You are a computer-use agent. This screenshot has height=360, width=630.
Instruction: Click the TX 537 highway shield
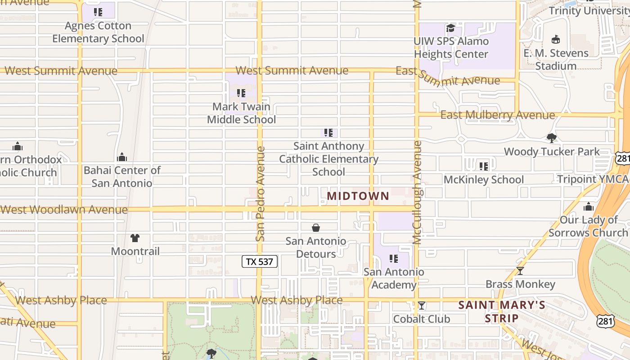tap(260, 261)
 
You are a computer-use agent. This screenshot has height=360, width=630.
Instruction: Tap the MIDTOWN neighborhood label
tap(358, 196)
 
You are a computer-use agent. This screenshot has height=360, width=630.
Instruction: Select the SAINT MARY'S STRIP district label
tap(502, 311)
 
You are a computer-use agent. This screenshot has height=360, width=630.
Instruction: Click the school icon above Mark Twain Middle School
tap(241, 93)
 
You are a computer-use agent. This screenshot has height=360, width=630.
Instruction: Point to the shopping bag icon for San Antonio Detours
tap(316, 228)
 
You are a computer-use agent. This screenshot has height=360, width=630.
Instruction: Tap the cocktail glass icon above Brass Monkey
tap(520, 271)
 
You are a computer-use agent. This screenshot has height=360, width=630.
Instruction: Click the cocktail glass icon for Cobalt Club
tap(421, 306)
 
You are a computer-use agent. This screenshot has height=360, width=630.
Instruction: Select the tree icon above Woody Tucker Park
tap(551, 138)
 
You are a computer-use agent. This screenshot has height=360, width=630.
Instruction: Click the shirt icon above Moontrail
tap(135, 238)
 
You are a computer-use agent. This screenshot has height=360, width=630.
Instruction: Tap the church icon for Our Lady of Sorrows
tap(588, 207)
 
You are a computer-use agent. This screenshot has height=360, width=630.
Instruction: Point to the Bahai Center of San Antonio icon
tap(121, 157)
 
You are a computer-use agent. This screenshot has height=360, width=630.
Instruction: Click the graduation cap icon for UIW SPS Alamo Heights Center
tap(450, 28)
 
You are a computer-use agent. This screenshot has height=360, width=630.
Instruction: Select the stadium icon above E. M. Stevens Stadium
tap(556, 39)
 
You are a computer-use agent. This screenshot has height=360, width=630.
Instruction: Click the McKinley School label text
tap(484, 180)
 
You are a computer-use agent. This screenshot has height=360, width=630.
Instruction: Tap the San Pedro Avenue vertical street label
tap(260, 193)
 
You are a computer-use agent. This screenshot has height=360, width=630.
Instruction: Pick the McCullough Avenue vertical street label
tap(417, 193)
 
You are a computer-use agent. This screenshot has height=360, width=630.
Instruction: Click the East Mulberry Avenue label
tap(497, 115)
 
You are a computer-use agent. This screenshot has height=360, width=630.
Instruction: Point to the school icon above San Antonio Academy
tap(394, 259)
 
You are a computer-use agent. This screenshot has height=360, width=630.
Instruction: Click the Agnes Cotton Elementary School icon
tap(98, 12)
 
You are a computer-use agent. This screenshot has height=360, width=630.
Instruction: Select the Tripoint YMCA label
tap(593, 179)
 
